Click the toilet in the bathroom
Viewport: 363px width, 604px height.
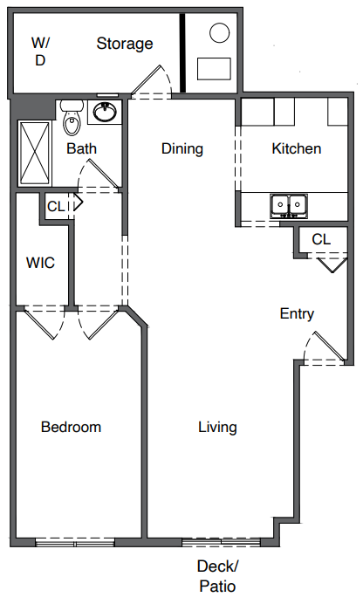pyautogui.click(x=72, y=118)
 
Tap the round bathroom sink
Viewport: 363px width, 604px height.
pyautogui.click(x=105, y=112)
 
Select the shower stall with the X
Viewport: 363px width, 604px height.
pyautogui.click(x=35, y=153)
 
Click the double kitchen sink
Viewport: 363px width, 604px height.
pyautogui.click(x=289, y=206)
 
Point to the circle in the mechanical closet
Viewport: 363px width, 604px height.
pyautogui.click(x=219, y=33)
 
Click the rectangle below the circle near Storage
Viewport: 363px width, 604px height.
pyautogui.click(x=214, y=69)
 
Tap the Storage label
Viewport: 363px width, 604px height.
pyautogui.click(x=124, y=44)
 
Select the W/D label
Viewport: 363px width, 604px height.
pyautogui.click(x=40, y=51)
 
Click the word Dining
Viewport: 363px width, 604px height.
pyautogui.click(x=182, y=148)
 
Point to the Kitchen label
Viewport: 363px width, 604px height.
pyautogui.click(x=297, y=148)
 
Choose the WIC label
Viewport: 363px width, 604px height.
pyautogui.click(x=40, y=263)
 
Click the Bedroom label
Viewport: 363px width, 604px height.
pyautogui.click(x=72, y=427)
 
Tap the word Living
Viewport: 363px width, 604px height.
pyautogui.click(x=217, y=427)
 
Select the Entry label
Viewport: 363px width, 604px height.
pyautogui.click(x=297, y=314)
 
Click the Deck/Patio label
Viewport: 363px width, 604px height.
pyautogui.click(x=217, y=576)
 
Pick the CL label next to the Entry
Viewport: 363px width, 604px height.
pyautogui.click(x=321, y=239)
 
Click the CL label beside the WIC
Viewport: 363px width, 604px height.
pyautogui.click(x=56, y=207)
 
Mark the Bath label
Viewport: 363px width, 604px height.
pyautogui.click(x=81, y=148)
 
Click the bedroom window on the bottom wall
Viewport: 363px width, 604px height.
pyautogui.click(x=75, y=543)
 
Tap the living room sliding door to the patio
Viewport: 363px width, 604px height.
pyautogui.click(x=222, y=543)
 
